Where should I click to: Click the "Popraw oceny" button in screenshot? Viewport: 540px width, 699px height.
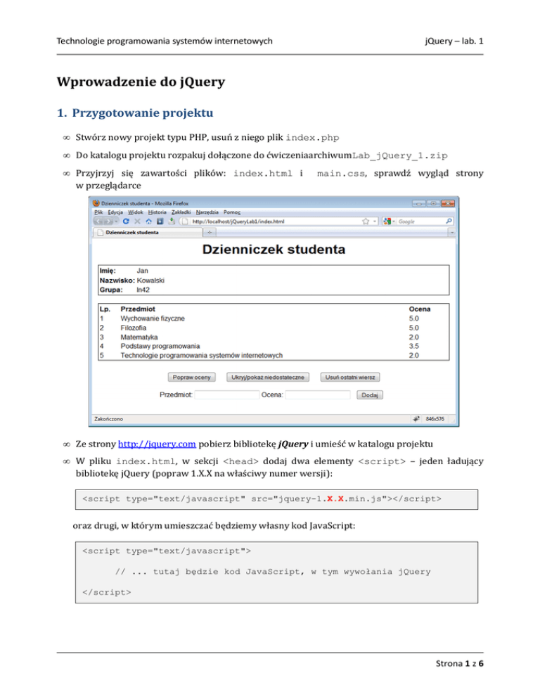(x=193, y=377)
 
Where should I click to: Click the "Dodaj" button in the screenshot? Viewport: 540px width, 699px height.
(x=372, y=395)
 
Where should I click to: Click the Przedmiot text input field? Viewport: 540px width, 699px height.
(x=226, y=395)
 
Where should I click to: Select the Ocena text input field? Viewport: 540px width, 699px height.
(x=318, y=395)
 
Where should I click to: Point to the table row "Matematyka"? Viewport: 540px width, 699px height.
(x=139, y=337)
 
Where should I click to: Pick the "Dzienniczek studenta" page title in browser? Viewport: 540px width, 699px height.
(x=274, y=249)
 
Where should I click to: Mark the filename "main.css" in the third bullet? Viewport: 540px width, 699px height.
(x=341, y=173)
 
